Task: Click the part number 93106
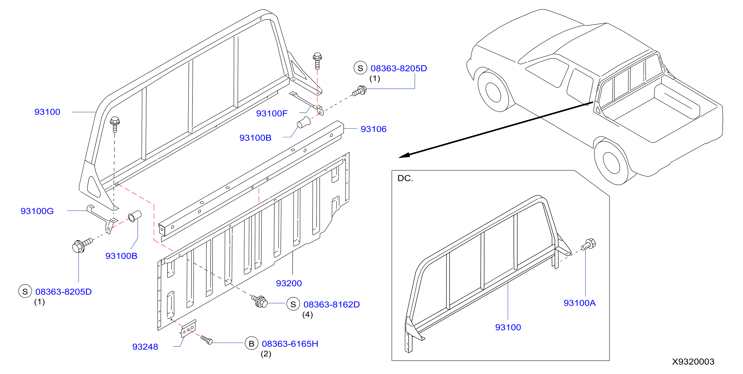click(374, 129)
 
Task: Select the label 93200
click(289, 283)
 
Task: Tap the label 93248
click(145, 347)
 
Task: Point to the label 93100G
click(37, 211)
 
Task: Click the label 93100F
click(272, 113)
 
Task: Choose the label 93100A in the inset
click(579, 303)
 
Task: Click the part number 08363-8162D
click(331, 304)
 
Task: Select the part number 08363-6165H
click(290, 344)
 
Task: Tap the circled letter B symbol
click(251, 344)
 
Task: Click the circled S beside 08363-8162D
click(293, 304)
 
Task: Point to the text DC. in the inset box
click(405, 178)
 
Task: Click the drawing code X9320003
click(693, 362)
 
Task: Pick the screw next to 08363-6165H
click(207, 340)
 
